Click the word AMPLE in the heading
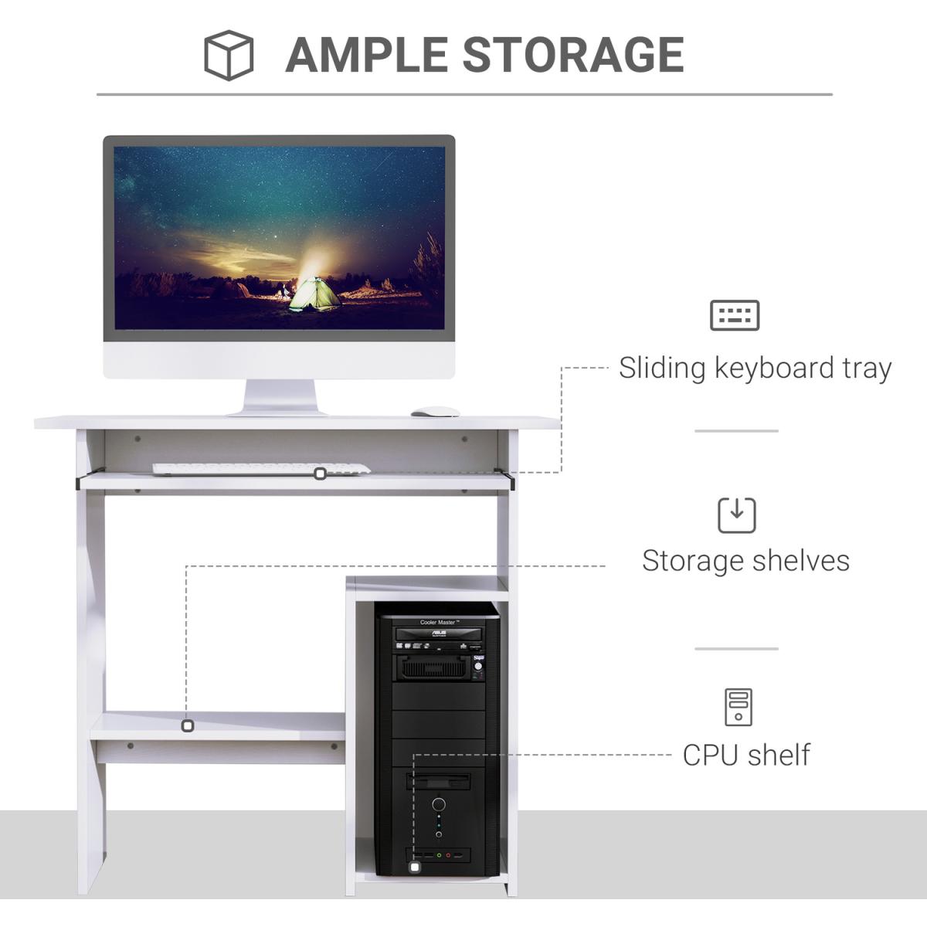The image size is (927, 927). point(366,54)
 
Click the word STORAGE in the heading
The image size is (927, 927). point(572,54)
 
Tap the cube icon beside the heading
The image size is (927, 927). point(229,55)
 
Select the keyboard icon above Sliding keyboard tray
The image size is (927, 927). point(735,315)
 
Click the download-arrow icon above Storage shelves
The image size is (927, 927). point(737,515)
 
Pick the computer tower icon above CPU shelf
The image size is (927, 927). point(739,707)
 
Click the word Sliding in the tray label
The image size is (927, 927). point(662,368)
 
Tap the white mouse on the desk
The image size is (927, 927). point(435,412)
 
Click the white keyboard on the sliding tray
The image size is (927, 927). point(261,469)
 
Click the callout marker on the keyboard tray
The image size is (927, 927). point(320,474)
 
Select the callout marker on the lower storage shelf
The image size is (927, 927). point(187,726)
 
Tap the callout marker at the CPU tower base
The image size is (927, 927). point(415,868)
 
